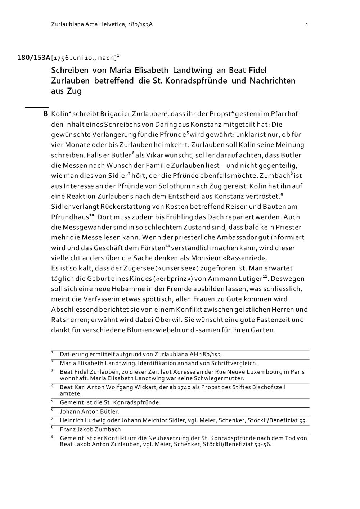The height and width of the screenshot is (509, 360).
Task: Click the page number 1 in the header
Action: click(307, 24)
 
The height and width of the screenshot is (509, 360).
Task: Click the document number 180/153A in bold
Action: click(34, 58)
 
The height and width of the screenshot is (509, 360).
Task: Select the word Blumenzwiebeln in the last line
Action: click(160, 330)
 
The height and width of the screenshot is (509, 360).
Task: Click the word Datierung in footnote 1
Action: click(74, 354)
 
